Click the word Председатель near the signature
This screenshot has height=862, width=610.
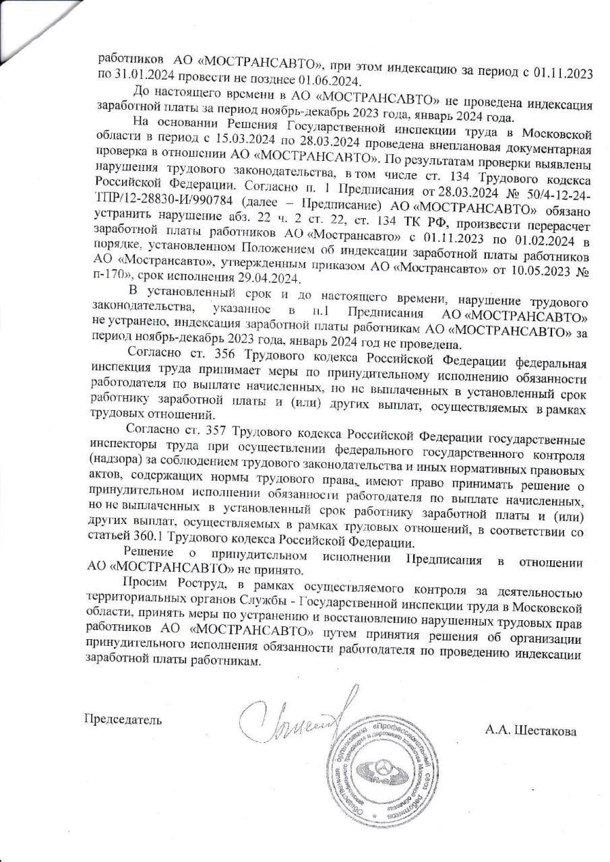click(122, 719)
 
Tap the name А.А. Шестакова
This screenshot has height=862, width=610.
click(529, 729)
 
